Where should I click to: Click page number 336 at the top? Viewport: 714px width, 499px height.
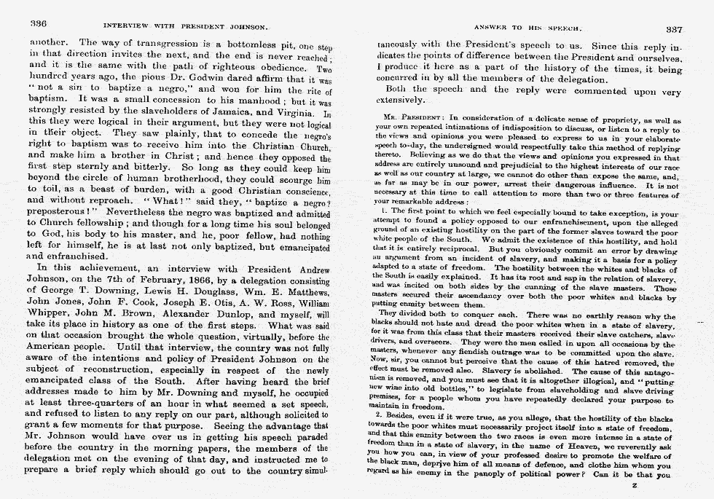37,23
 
